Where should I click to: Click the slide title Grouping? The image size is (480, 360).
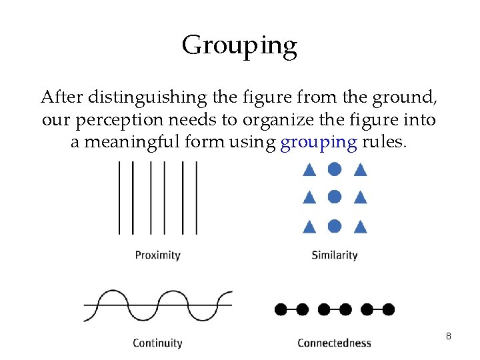click(239, 46)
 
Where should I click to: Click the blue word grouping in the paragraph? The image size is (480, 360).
click(319, 143)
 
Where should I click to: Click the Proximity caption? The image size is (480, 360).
click(157, 255)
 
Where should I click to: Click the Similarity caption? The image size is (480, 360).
click(335, 255)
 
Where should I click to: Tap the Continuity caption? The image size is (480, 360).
click(157, 343)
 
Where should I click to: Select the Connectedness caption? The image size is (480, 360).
click(334, 343)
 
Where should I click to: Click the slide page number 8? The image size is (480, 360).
click(449, 336)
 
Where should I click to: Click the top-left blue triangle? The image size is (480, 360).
click(309, 170)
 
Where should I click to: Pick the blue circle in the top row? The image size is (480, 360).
click(335, 169)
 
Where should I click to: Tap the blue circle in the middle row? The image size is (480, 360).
click(335, 197)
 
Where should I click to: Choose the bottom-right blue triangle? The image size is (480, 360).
click(360, 227)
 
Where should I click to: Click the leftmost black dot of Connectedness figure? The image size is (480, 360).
click(281, 309)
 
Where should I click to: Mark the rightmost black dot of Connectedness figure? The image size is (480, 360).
click(389, 309)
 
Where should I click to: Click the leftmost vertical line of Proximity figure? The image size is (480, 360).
click(119, 198)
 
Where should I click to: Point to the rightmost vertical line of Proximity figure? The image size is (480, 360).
click(197, 198)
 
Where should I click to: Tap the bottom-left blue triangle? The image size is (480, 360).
click(309, 227)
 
